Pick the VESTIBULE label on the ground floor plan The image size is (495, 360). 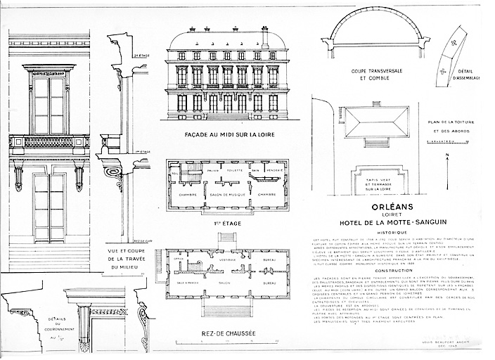pos(226,259)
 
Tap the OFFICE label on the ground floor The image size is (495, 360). pos(177,259)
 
